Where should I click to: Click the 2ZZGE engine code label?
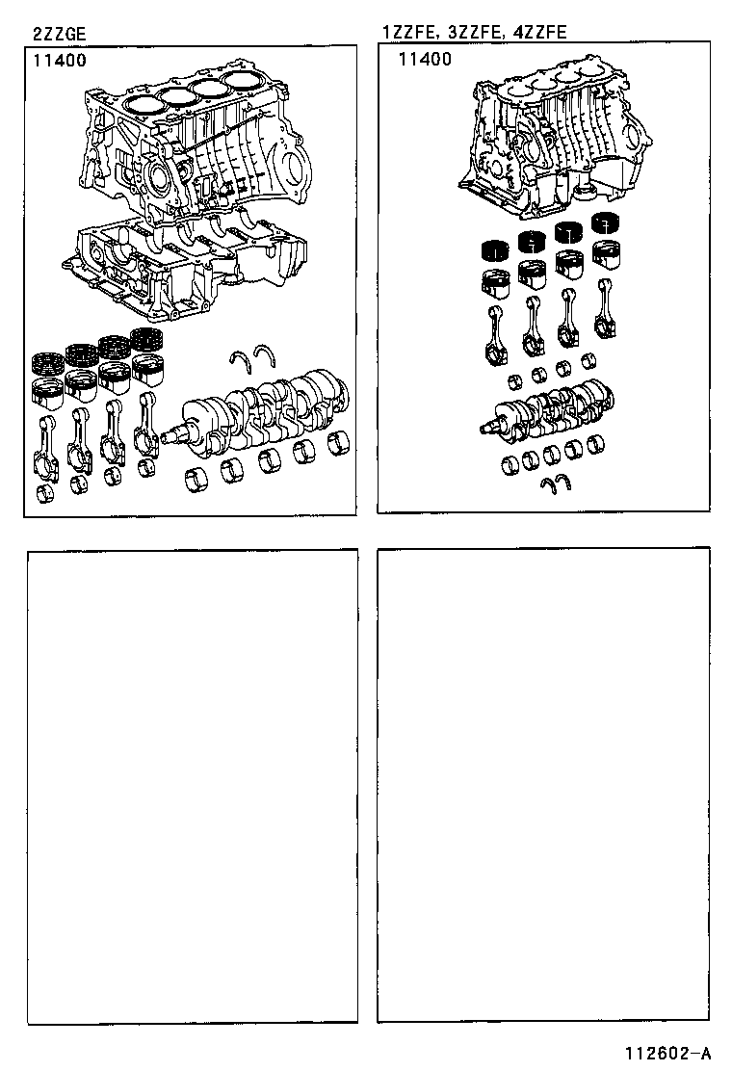(x=59, y=34)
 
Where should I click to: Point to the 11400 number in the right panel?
(x=424, y=60)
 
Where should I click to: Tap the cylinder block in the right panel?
(x=549, y=140)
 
